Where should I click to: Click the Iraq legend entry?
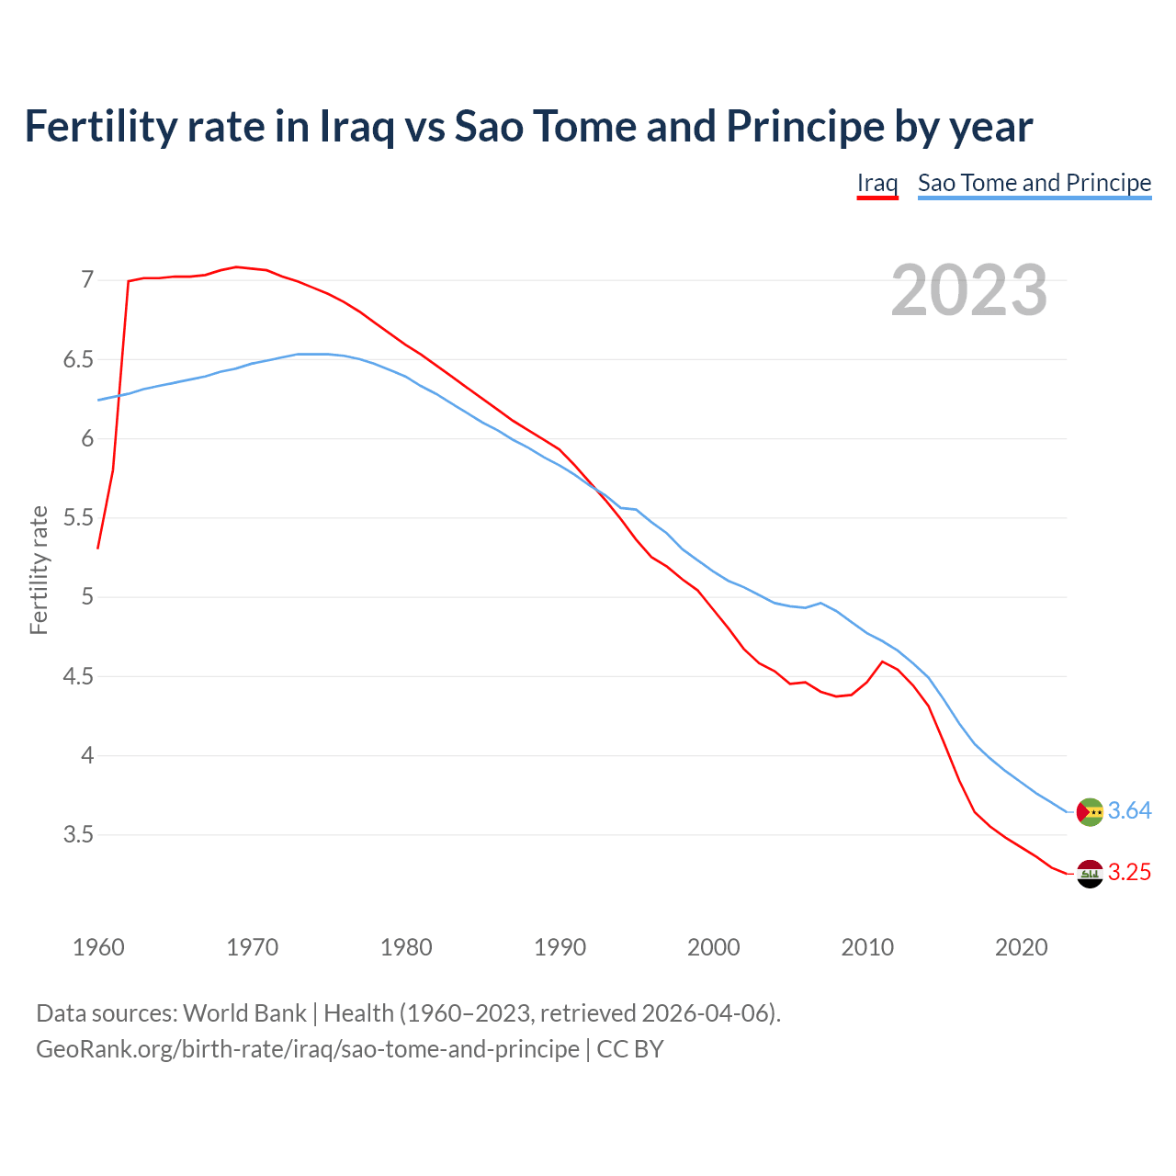pos(876,183)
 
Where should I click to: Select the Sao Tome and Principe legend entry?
pos(1034,183)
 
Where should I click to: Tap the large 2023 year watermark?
pos(968,290)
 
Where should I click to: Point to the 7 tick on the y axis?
pos(87,279)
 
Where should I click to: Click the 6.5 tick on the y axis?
pos(79,359)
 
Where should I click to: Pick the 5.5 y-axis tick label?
pos(79,518)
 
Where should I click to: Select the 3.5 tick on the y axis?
pos(79,835)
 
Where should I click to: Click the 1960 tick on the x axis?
pos(98,947)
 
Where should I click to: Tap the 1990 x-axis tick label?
pos(560,947)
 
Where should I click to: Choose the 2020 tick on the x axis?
pos(1021,947)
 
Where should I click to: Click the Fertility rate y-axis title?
pos(39,570)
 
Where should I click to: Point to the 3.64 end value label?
pos(1129,810)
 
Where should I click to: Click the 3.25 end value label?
pos(1129,872)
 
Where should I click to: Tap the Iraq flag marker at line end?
pos(1090,874)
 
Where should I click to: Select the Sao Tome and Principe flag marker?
pos(1090,812)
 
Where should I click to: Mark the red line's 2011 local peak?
pos(883,661)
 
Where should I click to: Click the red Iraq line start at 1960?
pos(98,548)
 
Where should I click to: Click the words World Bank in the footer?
pos(244,1013)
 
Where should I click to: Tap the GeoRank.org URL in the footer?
pos(308,1049)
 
